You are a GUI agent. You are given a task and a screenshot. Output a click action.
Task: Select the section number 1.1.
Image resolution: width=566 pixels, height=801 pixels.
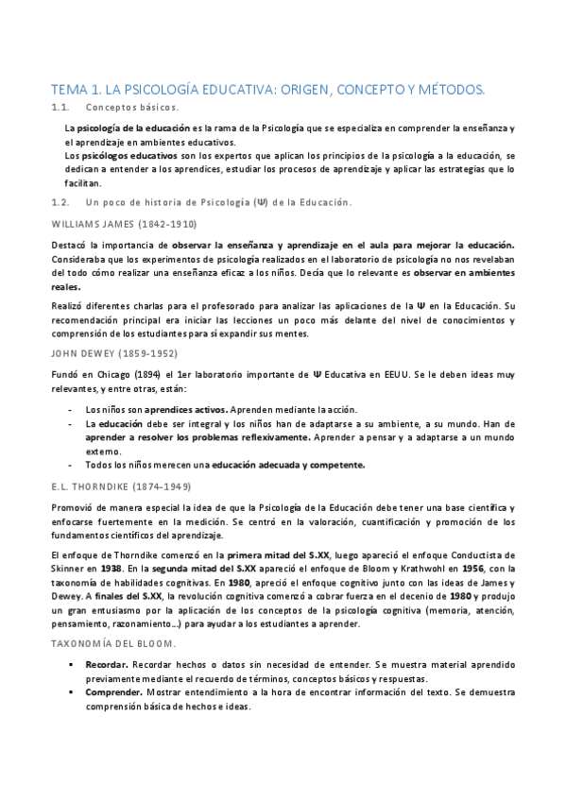click(61, 109)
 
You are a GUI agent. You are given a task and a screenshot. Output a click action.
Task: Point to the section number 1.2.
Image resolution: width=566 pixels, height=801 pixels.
click(61, 202)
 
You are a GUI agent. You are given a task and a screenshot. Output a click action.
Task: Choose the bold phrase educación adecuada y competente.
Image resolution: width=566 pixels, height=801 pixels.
click(287, 465)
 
